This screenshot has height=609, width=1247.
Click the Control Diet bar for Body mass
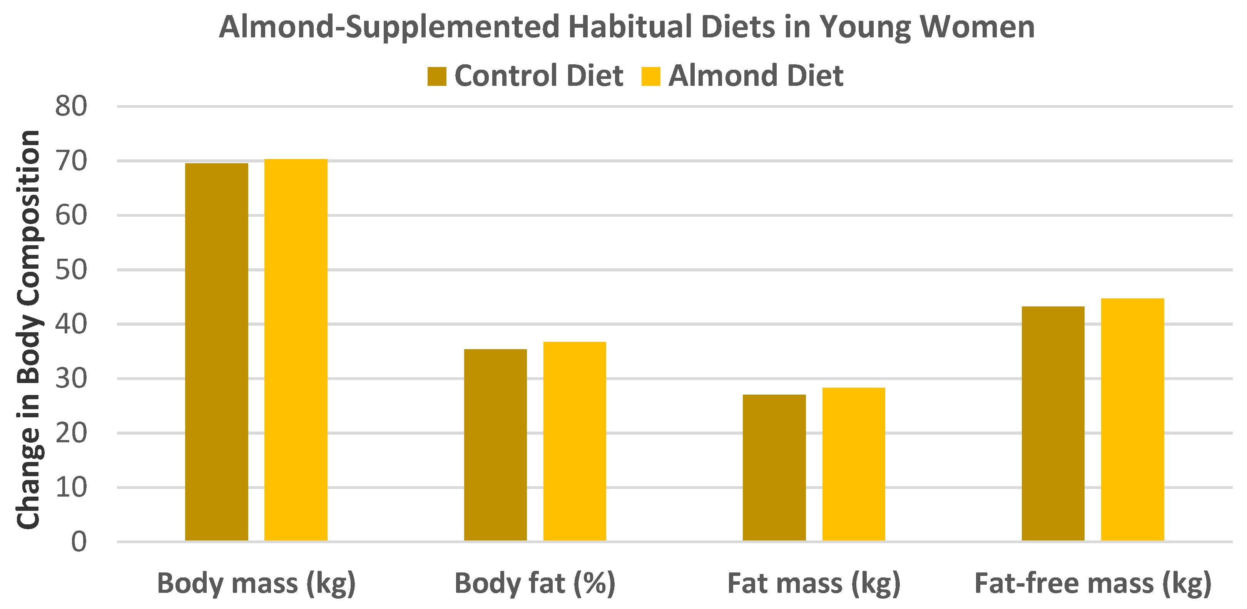tap(216, 352)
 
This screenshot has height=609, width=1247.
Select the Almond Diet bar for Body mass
tap(296, 350)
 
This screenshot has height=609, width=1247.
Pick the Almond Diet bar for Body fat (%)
tap(575, 441)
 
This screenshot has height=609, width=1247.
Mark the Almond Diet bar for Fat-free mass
tap(1132, 419)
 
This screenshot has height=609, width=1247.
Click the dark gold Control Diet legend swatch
tap(437, 77)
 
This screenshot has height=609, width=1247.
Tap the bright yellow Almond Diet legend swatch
tap(650, 77)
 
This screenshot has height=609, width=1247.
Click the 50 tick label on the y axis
tap(71, 269)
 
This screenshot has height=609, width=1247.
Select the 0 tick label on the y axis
tap(79, 542)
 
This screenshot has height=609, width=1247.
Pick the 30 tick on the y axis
tap(71, 378)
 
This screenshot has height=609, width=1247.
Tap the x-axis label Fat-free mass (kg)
tap(1093, 583)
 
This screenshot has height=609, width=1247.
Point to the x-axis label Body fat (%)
tap(535, 583)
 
